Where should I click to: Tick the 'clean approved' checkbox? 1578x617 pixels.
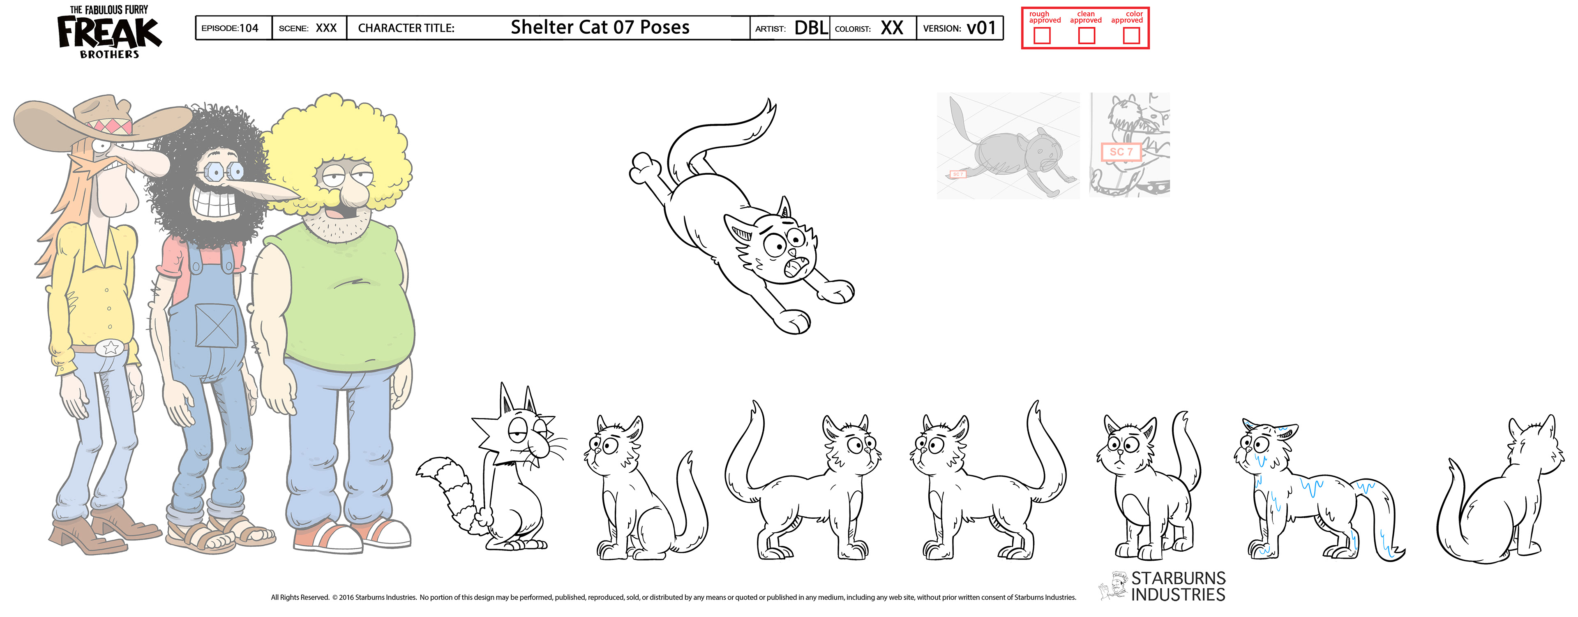[x=1086, y=35]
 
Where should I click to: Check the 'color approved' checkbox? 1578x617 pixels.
[x=1131, y=35]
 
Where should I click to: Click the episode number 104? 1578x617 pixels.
[x=249, y=28]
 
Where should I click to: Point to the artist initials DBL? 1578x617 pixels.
[x=810, y=28]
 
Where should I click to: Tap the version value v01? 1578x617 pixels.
[x=981, y=28]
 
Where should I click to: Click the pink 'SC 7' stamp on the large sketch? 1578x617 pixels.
[x=1121, y=151]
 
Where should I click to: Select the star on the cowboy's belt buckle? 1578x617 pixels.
[x=111, y=348]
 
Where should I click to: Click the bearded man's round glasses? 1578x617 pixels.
[x=224, y=171]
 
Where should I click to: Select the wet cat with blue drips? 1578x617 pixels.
[x=1317, y=490]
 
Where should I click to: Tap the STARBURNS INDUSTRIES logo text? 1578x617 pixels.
[x=1178, y=586]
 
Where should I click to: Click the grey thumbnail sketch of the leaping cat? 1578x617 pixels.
[x=1008, y=146]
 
